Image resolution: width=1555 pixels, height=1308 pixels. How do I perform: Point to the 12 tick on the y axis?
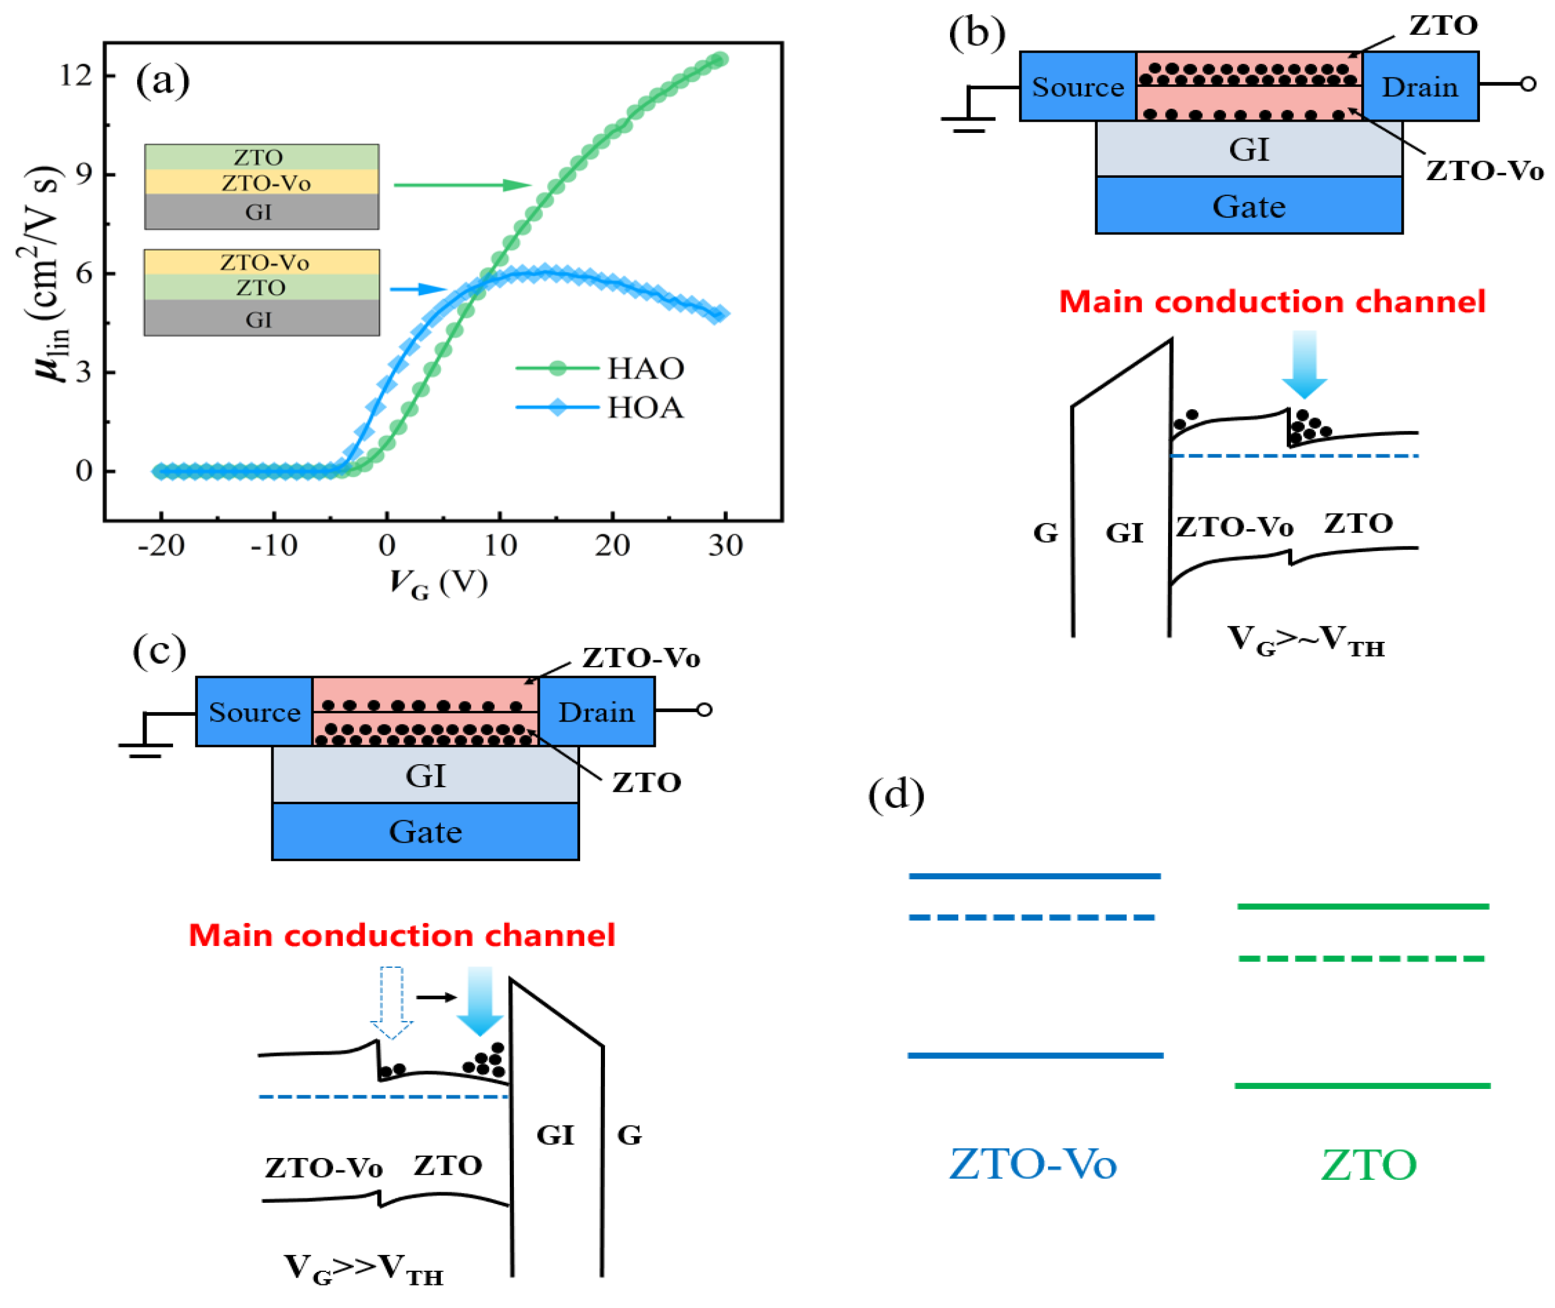pyautogui.click(x=76, y=75)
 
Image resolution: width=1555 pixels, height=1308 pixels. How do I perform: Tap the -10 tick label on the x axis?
pyautogui.click(x=274, y=546)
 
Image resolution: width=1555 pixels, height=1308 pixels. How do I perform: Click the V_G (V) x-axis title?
pyautogui.click(x=438, y=583)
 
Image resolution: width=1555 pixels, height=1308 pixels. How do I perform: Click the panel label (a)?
pyautogui.click(x=162, y=80)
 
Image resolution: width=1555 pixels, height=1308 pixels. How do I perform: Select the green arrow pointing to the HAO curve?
pyautogui.click(x=462, y=185)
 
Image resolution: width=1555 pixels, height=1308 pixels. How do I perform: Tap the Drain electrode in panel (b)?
pyautogui.click(x=1419, y=87)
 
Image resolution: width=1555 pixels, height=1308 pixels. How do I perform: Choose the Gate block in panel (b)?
pyautogui.click(x=1248, y=206)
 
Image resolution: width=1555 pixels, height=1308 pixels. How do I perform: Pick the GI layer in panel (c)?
pyautogui.click(x=425, y=775)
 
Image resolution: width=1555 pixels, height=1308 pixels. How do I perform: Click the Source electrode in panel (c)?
pyautogui.click(x=253, y=712)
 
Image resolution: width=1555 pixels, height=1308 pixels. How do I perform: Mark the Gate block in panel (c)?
pyautogui.click(x=425, y=831)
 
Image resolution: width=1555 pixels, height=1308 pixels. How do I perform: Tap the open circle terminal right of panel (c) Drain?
pyautogui.click(x=704, y=710)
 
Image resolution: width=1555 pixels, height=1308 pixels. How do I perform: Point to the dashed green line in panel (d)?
pyautogui.click(x=1362, y=959)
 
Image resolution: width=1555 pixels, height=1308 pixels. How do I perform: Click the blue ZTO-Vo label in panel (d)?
pyautogui.click(x=1032, y=1164)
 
